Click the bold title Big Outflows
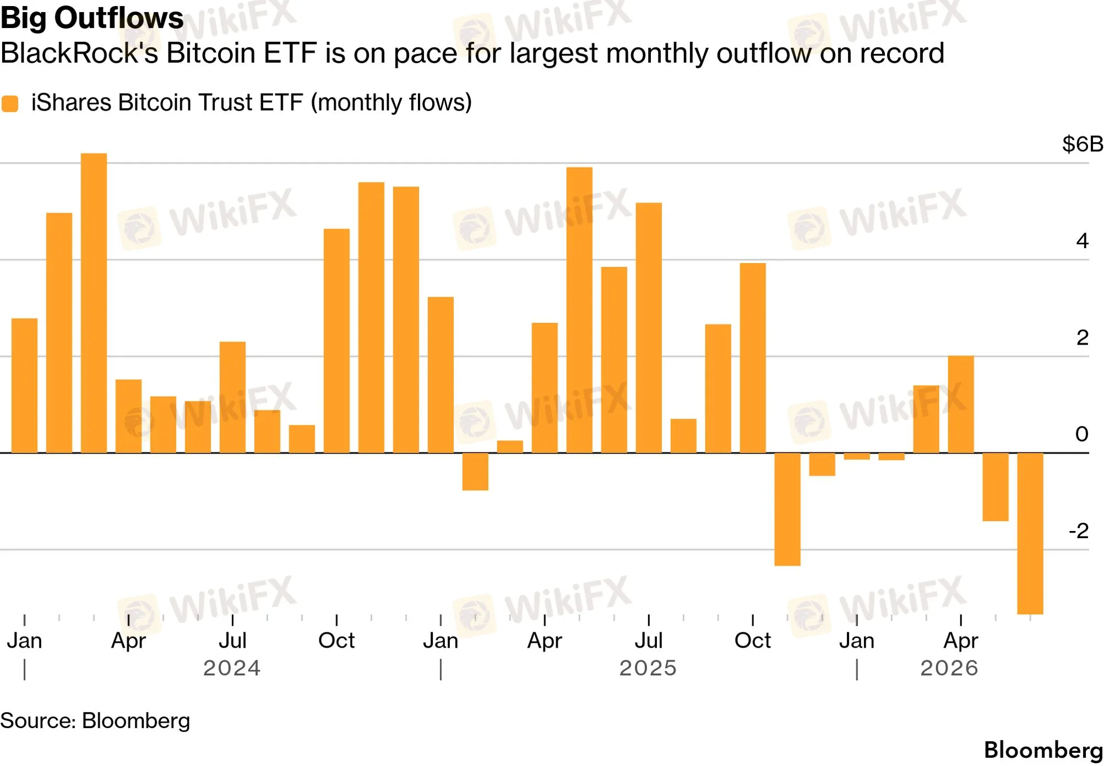pyautogui.click(x=92, y=18)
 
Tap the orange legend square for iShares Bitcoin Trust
pyautogui.click(x=10, y=103)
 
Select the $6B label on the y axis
pyautogui.click(x=1082, y=144)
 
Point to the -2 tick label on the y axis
pyautogui.click(x=1078, y=531)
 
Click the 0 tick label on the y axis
pyautogui.click(x=1081, y=434)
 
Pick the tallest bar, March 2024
pyautogui.click(x=94, y=303)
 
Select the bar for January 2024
pyautogui.click(x=24, y=386)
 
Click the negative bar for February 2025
pyautogui.click(x=475, y=472)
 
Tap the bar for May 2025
pyautogui.click(x=579, y=310)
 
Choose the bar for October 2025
pyautogui.click(x=753, y=358)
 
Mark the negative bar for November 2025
pyautogui.click(x=787, y=510)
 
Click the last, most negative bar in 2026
pyautogui.click(x=1030, y=534)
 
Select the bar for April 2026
pyautogui.click(x=961, y=404)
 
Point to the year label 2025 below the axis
pyautogui.click(x=648, y=668)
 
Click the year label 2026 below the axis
pyautogui.click(x=949, y=668)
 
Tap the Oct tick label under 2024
pyautogui.click(x=336, y=641)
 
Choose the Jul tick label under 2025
pyautogui.click(x=649, y=641)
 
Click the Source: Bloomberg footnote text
pyautogui.click(x=95, y=721)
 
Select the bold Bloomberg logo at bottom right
pyautogui.click(x=1043, y=751)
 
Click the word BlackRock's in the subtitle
pyautogui.click(x=79, y=53)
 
